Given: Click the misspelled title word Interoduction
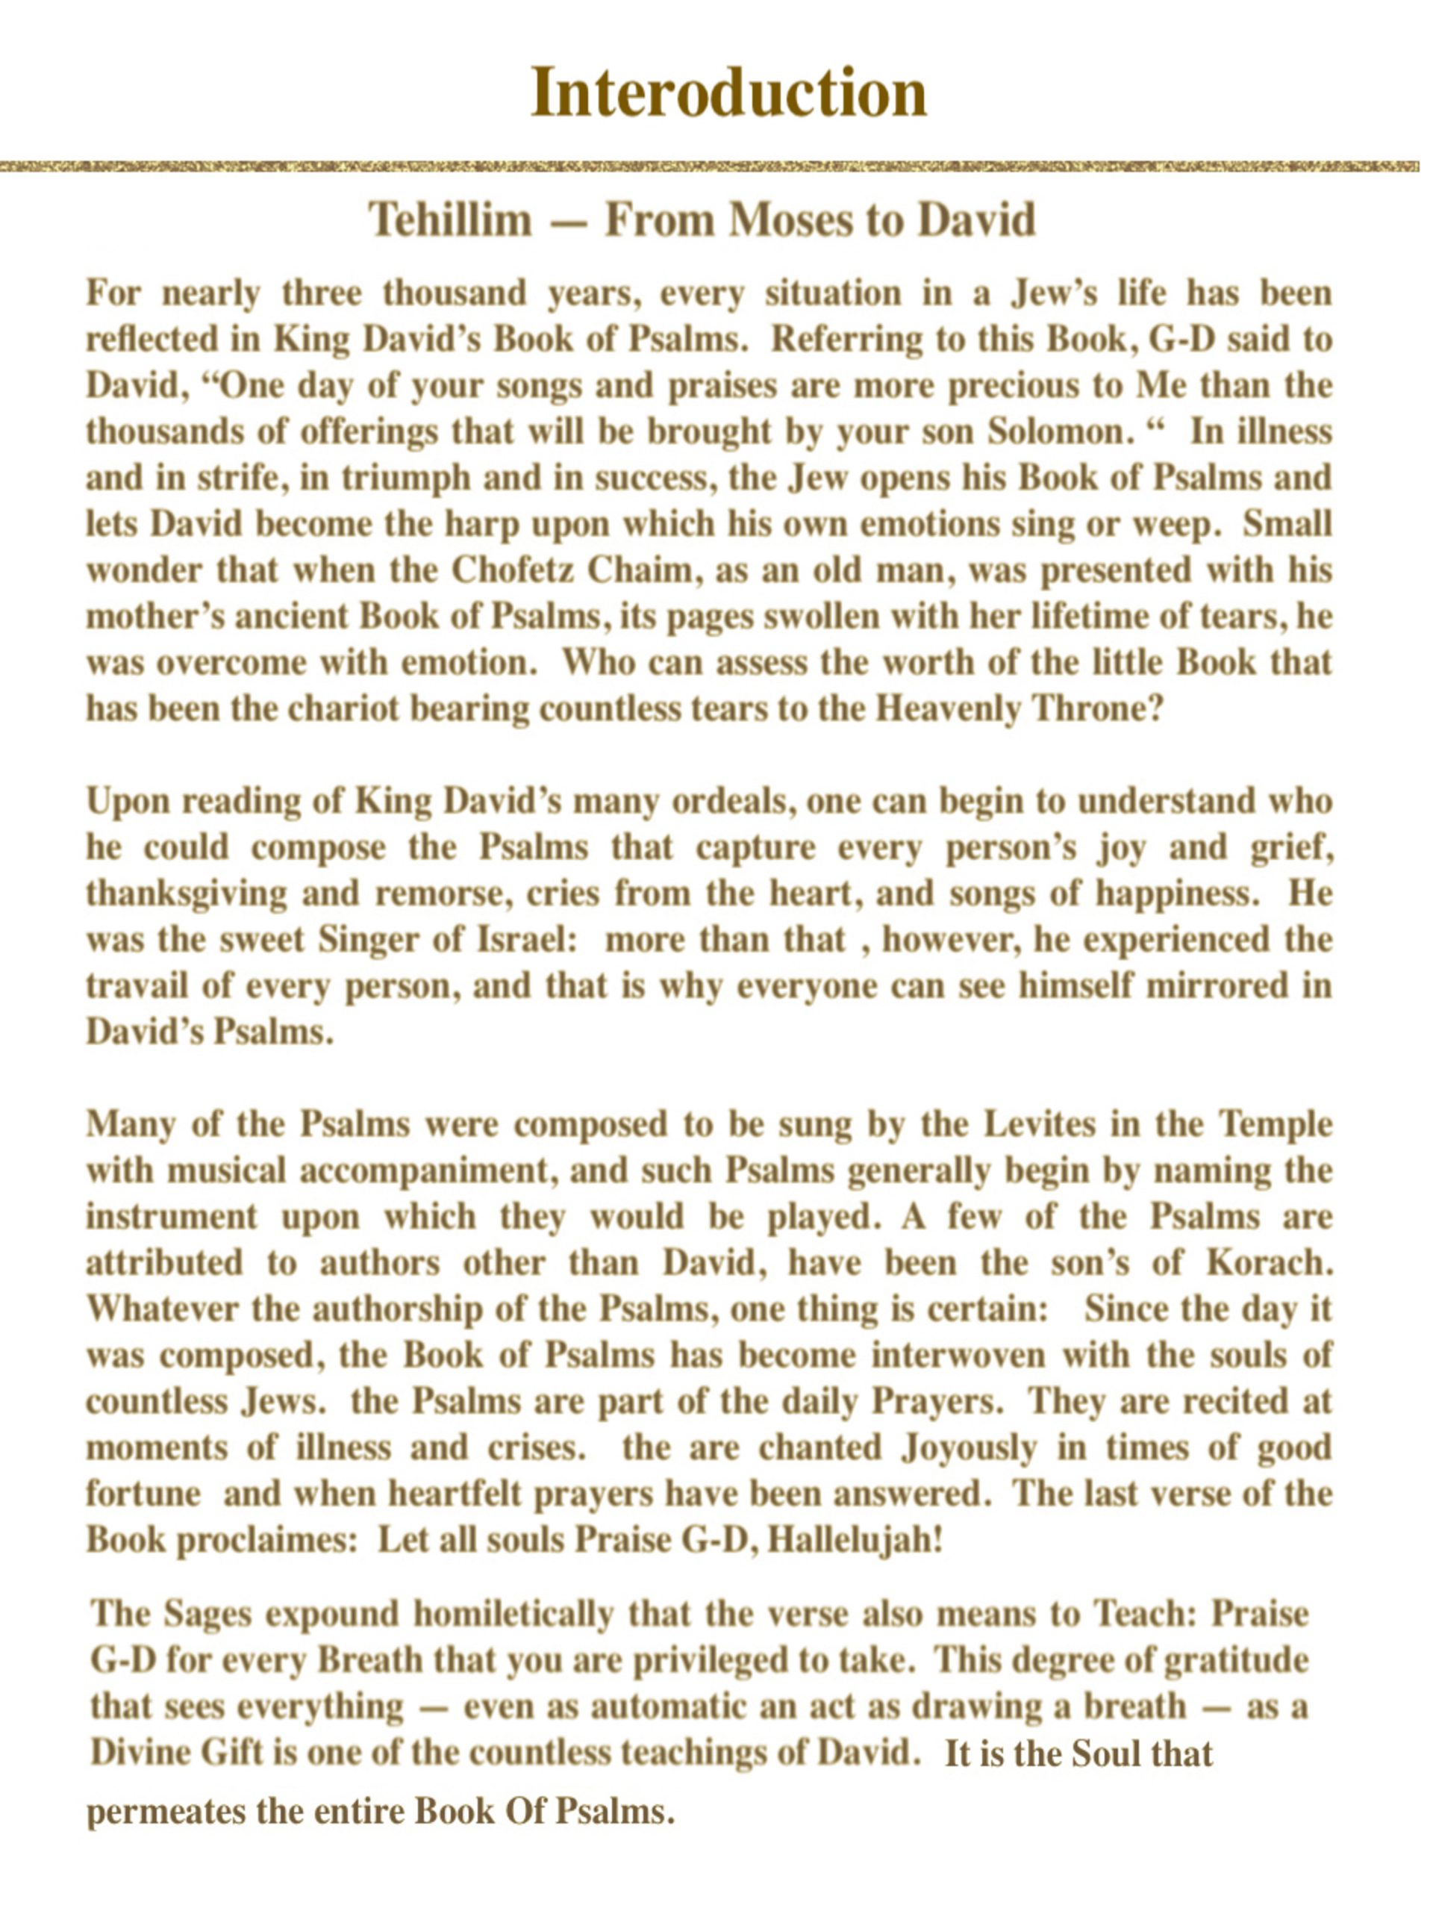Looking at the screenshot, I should [728, 93].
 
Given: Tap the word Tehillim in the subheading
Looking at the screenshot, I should [451, 220].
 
